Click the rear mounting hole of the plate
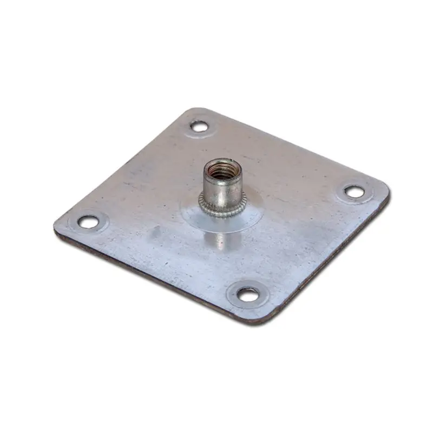(x=199, y=127)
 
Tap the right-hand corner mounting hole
(x=355, y=192)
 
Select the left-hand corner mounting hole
(x=88, y=221)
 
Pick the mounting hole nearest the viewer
(x=248, y=295)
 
